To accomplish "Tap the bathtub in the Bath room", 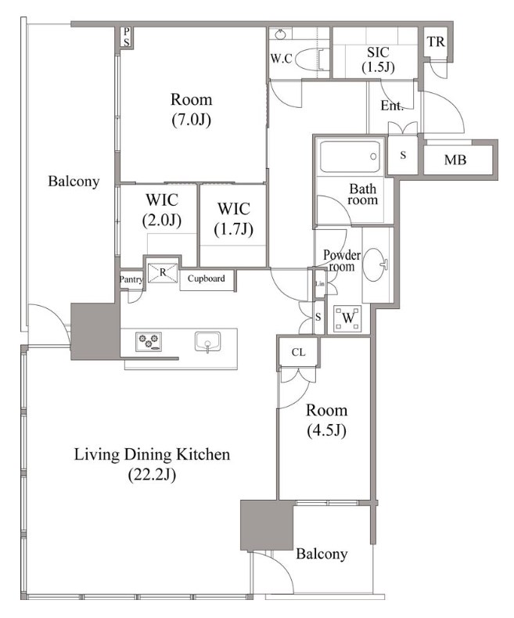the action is point(350,156).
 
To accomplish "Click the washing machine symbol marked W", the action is point(347,318).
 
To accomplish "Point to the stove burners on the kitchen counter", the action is point(149,341).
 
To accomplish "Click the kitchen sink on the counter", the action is point(207,342).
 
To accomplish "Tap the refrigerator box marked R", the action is point(163,272).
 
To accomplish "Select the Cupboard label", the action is point(207,278).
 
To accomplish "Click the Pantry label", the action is point(131,279).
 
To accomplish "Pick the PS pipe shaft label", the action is point(126,37).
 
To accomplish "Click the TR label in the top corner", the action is point(436,41).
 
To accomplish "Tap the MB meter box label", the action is point(455,160).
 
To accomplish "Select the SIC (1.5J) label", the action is point(378,59).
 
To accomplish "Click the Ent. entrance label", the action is point(392,106).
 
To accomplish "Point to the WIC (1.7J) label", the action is point(234,219).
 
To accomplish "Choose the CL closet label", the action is point(298,352).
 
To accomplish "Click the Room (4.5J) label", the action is point(327,421).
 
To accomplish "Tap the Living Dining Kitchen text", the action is point(152,455).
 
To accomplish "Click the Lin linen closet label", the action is point(320,283).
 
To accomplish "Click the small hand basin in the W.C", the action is point(280,34).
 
